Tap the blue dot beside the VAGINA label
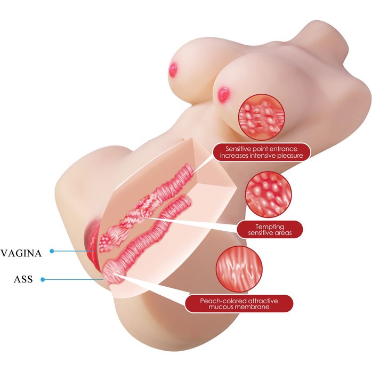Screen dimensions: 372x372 (52, 250)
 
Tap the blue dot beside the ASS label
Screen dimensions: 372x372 (42, 278)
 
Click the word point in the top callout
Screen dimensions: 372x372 (263, 148)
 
